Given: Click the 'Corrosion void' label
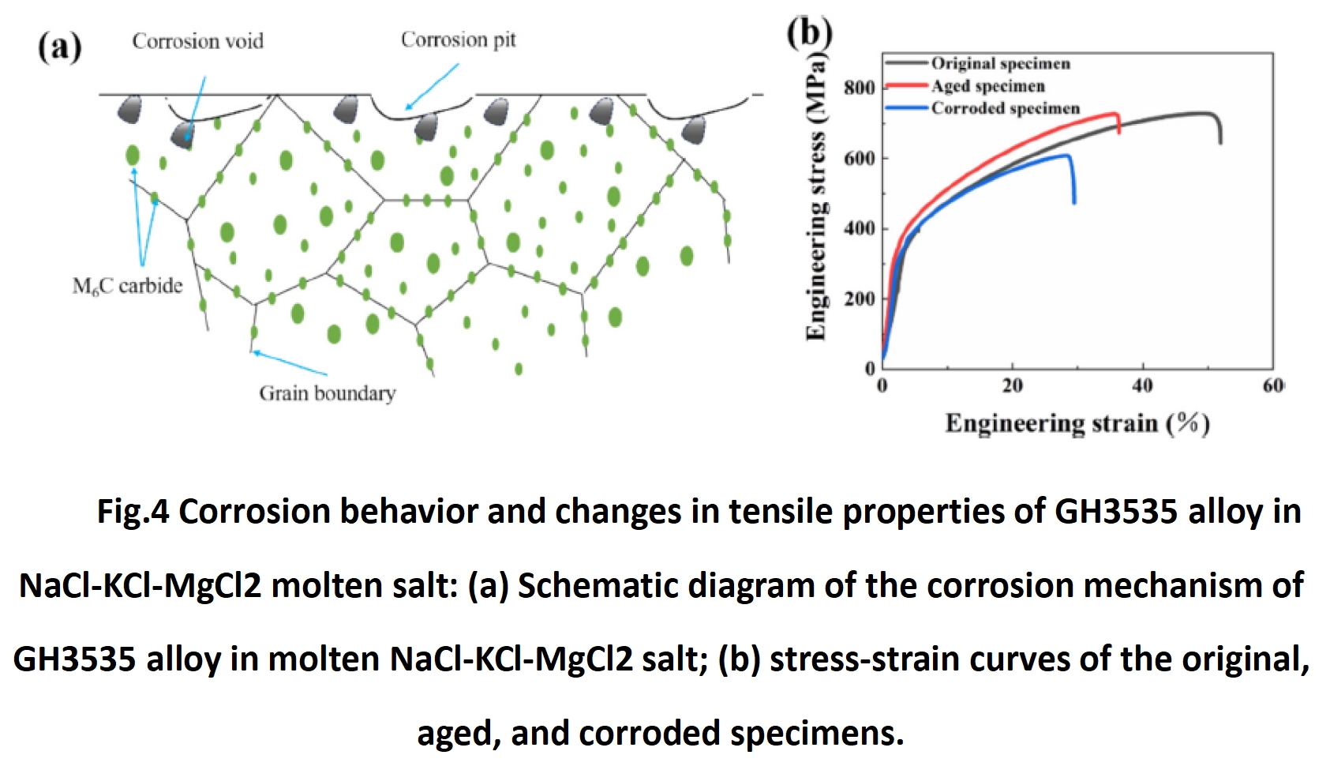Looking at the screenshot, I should [x=197, y=41].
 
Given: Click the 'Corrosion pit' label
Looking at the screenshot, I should [x=458, y=39].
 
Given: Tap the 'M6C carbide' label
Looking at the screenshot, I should [x=127, y=286].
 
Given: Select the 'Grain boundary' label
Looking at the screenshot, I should [x=327, y=393].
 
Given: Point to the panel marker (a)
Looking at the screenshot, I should [x=60, y=47].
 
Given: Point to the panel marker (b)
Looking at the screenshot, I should [x=809, y=32].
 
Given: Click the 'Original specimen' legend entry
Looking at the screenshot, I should [x=1000, y=63].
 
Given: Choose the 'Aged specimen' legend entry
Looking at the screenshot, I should [x=987, y=85].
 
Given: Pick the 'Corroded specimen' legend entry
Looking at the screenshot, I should [x=1005, y=108].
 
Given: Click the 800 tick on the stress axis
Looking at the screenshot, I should [x=860, y=87].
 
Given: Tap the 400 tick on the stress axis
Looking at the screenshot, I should [x=860, y=228].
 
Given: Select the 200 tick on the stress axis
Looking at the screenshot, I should [x=860, y=299].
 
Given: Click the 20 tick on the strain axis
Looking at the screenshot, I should [x=1012, y=385].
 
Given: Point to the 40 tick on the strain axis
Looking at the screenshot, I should [x=1142, y=385].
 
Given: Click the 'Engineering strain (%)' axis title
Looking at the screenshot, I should [x=1077, y=424].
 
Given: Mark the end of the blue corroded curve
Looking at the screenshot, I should [x=1074, y=203].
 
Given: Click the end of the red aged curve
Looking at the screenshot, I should [x=1119, y=132].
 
